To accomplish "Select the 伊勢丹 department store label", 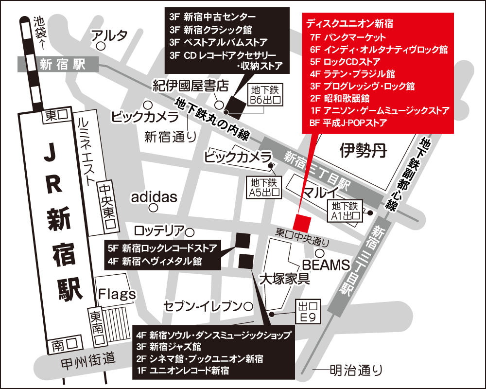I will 363,151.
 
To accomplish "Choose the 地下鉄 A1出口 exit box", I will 347,211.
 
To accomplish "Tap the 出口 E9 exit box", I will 308,311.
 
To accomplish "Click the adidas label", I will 153,197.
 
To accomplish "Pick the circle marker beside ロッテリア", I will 190,232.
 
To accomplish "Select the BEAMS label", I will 326,265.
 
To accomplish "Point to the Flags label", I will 117,294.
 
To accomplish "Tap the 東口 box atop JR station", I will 56,115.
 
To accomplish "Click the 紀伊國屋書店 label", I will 191,86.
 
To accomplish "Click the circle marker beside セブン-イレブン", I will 248,306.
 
